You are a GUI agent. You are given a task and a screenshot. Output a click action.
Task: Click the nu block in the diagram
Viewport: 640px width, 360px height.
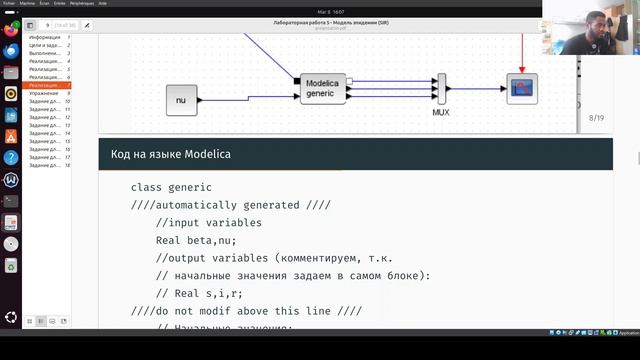[x=181, y=100]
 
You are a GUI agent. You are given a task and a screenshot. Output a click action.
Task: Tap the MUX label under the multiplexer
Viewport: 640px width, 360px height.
[x=441, y=113]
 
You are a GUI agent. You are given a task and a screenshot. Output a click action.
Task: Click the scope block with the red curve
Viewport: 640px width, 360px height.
[x=522, y=88]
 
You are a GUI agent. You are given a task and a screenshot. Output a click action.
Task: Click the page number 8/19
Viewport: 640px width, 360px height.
[x=596, y=118]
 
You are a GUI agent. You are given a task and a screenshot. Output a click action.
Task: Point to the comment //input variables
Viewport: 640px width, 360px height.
[x=209, y=222]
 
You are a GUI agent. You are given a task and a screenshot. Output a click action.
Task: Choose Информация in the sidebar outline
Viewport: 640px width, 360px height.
[x=45, y=37]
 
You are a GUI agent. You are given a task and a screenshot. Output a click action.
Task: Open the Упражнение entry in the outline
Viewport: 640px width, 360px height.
[x=45, y=93]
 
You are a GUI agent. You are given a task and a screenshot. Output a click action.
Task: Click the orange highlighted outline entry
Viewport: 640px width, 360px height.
[x=47, y=85]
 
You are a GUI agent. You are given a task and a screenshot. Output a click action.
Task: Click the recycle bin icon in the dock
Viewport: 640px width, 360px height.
[x=11, y=266]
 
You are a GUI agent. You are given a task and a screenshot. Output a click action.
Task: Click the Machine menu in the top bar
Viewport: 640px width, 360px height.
[x=27, y=3]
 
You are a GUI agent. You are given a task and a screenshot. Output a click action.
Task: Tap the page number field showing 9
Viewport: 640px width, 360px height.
[x=47, y=25]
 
